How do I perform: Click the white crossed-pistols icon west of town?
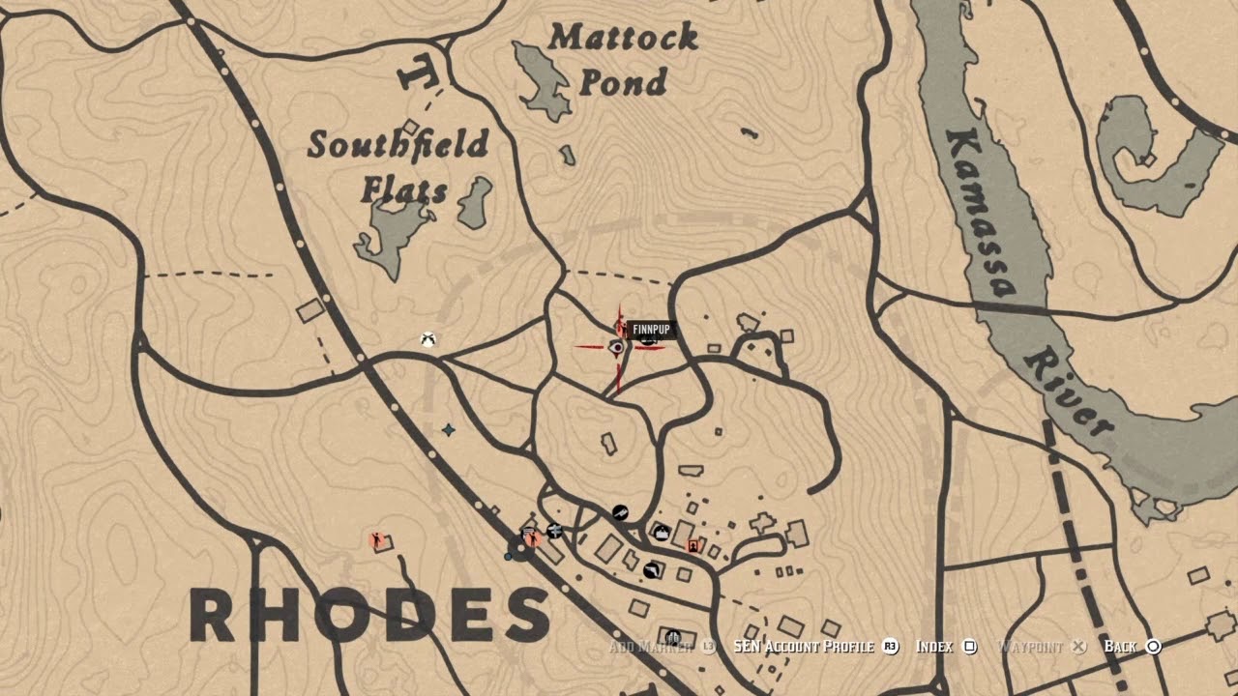click(x=427, y=339)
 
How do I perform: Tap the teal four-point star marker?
click(x=448, y=429)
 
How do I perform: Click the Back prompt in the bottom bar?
click(x=1120, y=646)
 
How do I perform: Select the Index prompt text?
click(x=934, y=646)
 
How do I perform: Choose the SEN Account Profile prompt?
click(x=803, y=646)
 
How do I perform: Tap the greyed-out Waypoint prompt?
click(x=1030, y=646)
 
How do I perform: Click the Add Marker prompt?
click(x=650, y=646)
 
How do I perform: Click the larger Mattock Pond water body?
click(x=541, y=77)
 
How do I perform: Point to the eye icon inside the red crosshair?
click(x=616, y=347)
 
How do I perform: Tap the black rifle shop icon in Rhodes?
click(x=620, y=511)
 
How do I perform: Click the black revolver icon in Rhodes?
click(x=652, y=570)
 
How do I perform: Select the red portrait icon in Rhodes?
click(x=693, y=546)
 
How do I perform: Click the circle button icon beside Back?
click(x=1153, y=646)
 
